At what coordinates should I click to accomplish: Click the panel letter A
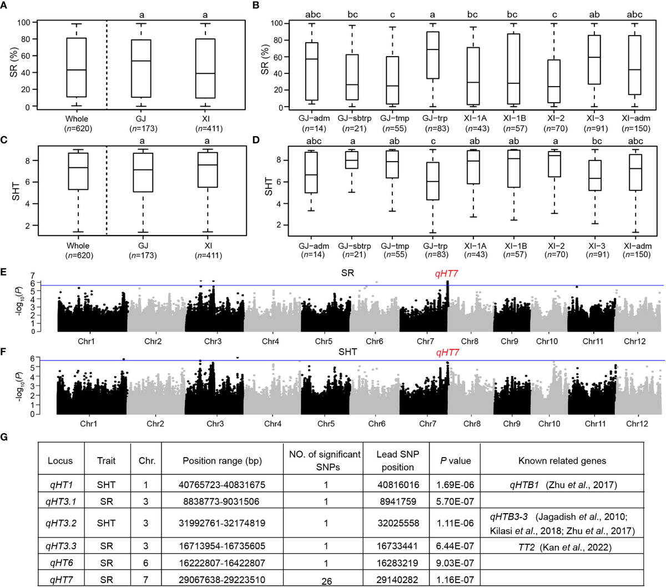pos(4,6)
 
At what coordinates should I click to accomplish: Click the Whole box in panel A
pos(77,67)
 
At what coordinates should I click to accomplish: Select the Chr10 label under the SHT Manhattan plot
pos(549,424)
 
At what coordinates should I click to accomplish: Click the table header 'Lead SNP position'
pos(397,460)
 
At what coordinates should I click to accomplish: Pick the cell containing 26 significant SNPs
pos(326,578)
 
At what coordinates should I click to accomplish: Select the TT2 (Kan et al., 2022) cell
pos(561,546)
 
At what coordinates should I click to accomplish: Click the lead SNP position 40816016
pos(397,484)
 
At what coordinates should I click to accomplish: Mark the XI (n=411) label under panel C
pos(206,250)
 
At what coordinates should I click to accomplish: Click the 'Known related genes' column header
pos(561,460)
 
